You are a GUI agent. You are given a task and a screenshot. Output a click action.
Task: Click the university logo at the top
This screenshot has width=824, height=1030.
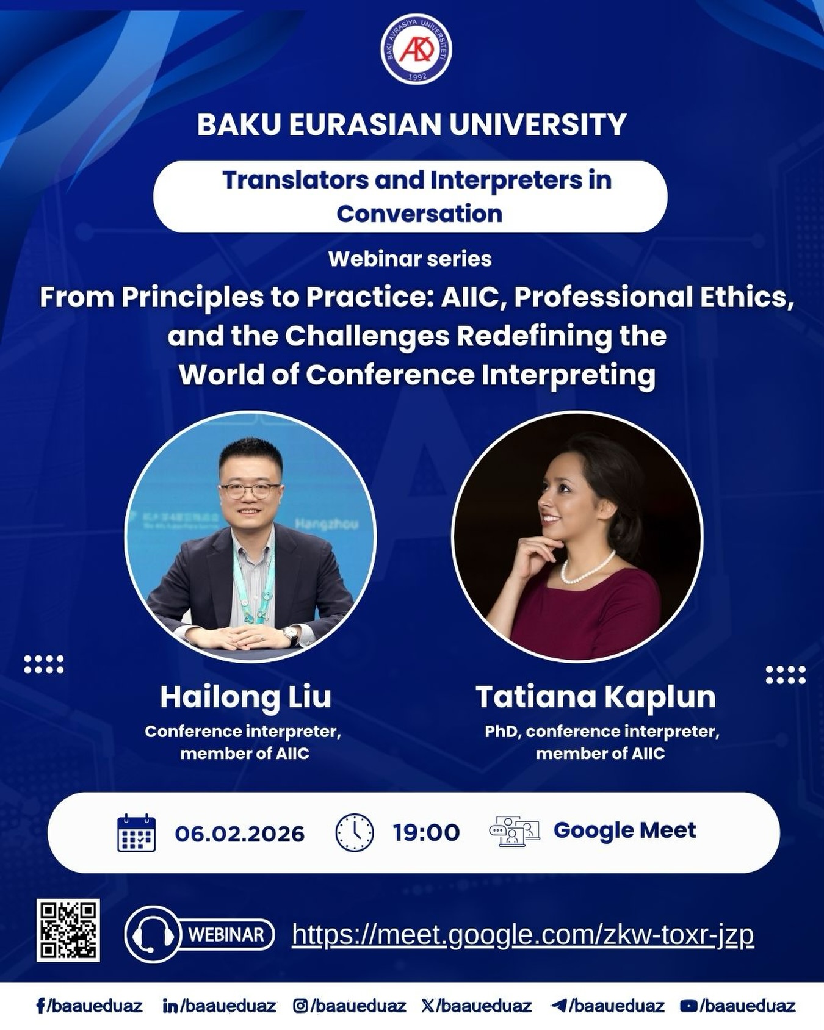tap(416, 49)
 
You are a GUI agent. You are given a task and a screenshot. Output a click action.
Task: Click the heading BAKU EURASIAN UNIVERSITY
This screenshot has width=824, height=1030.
tap(411, 124)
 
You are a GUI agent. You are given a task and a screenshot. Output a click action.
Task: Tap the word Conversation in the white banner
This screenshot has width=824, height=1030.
tap(419, 214)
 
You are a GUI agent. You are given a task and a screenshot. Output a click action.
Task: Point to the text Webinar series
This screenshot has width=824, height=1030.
tap(410, 259)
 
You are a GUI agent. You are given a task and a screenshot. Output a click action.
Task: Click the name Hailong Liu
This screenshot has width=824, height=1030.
tap(245, 696)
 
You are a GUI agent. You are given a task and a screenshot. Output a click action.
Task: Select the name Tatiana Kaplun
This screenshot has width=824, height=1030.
tap(595, 696)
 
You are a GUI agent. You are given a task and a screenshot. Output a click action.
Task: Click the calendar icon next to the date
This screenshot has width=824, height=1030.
tap(136, 832)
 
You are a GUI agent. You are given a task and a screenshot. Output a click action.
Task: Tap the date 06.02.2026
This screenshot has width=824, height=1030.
tap(239, 834)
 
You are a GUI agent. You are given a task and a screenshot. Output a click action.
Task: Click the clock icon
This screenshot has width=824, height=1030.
tap(355, 832)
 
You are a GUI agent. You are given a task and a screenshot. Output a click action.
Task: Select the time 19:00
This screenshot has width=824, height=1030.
tap(426, 832)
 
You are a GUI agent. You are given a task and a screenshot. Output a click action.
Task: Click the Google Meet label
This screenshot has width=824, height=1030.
tap(624, 830)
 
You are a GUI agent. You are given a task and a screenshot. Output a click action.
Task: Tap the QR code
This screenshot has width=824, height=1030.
tap(68, 930)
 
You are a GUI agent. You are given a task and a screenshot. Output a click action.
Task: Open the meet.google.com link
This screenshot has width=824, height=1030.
tap(522, 934)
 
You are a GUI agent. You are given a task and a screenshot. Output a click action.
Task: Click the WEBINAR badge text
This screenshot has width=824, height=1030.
tap(226, 934)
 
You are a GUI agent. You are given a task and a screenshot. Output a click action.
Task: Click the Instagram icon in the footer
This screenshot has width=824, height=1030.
tap(300, 1006)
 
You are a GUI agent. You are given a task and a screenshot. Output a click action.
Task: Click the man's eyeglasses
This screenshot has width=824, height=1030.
tap(250, 490)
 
